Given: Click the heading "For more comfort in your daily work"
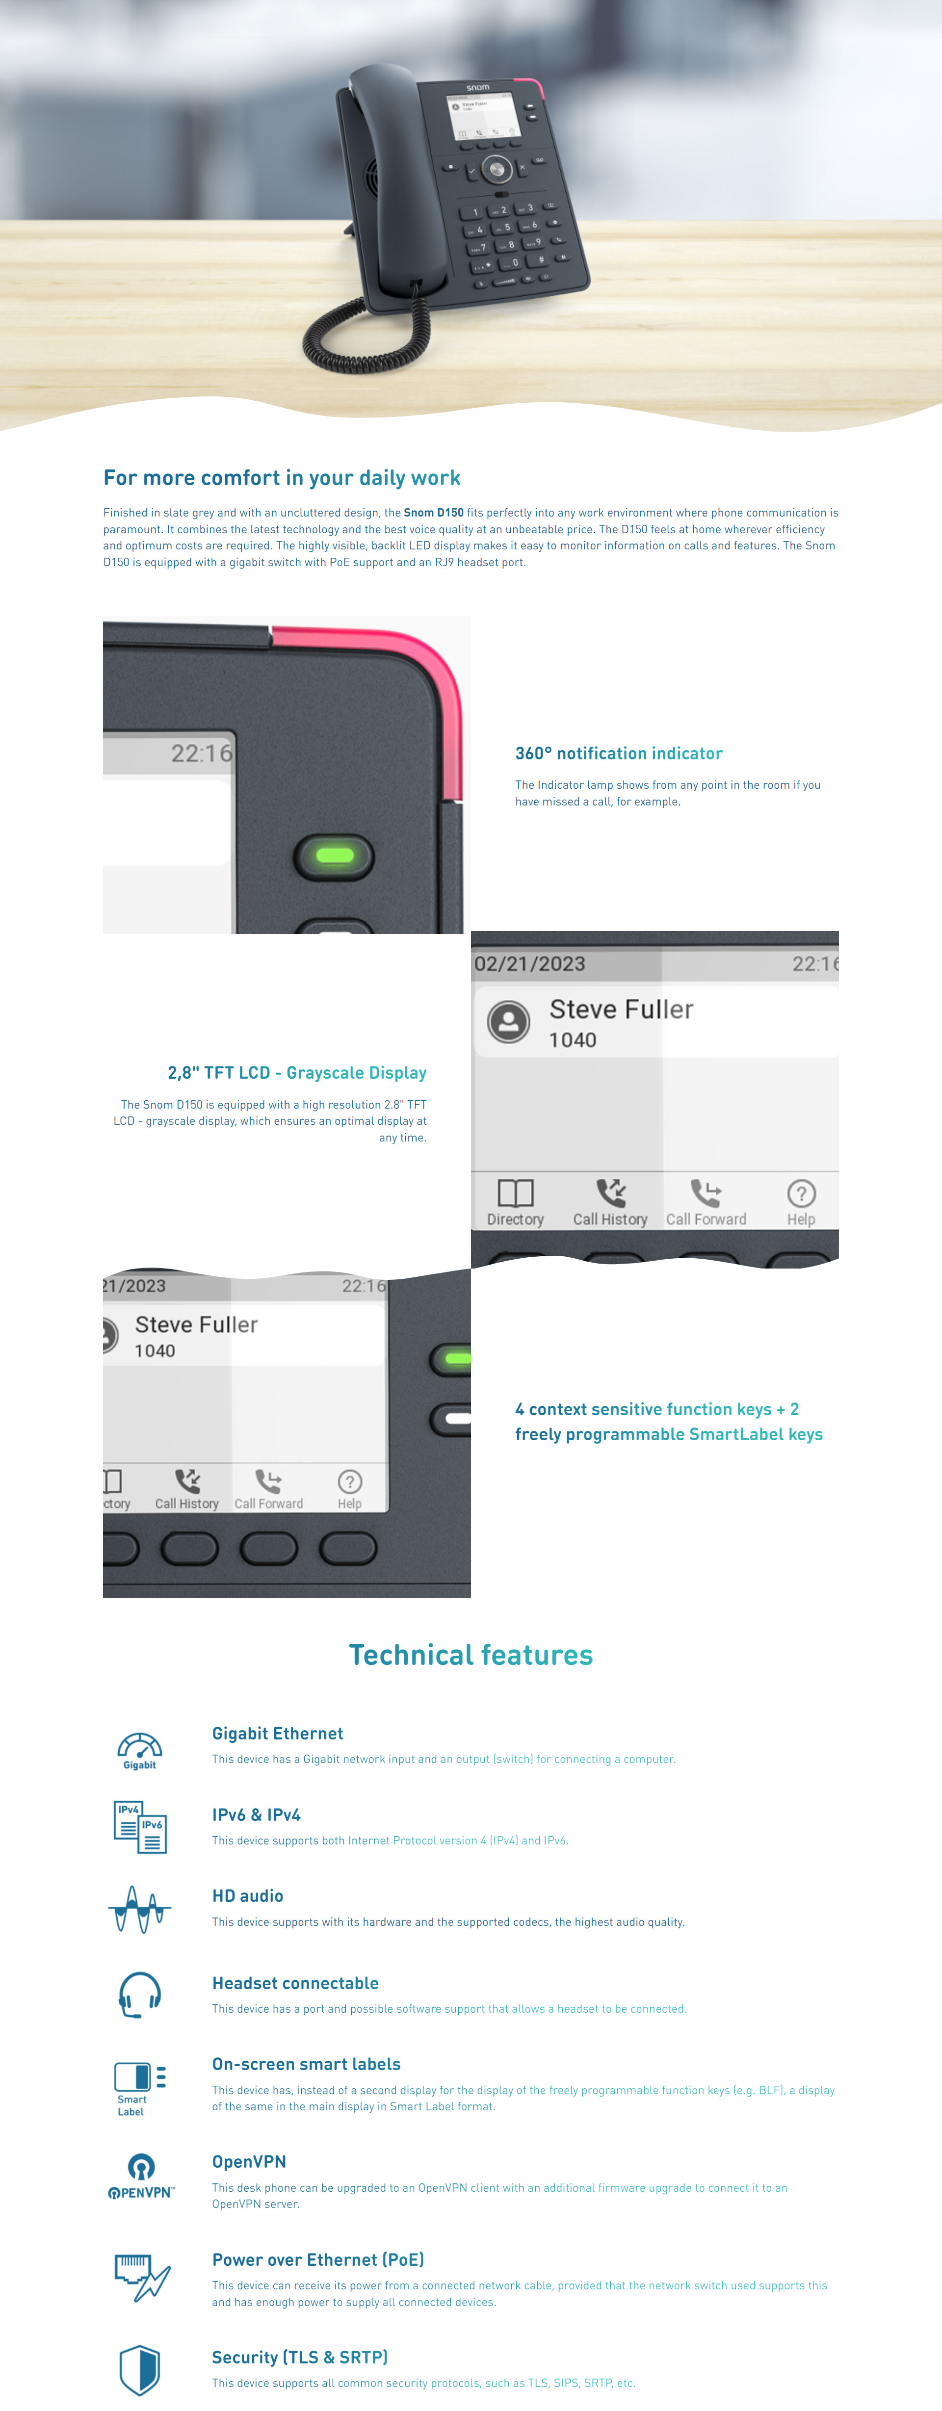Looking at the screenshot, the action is point(282,478).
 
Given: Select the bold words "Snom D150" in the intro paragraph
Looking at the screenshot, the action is point(434,513).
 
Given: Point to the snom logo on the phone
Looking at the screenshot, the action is point(477,87).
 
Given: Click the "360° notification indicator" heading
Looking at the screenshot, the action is point(619,753).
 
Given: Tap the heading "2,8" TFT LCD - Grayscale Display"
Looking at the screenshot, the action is point(297,1073).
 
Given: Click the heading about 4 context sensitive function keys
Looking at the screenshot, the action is point(669,1422).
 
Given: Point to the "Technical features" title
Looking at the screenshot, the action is point(471,1655).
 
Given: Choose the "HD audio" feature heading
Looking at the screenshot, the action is point(247,1896).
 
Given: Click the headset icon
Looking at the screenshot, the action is point(139,1996).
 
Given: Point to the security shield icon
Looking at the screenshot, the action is point(139,2370).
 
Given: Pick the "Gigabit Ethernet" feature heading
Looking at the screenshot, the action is point(277,1734).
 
